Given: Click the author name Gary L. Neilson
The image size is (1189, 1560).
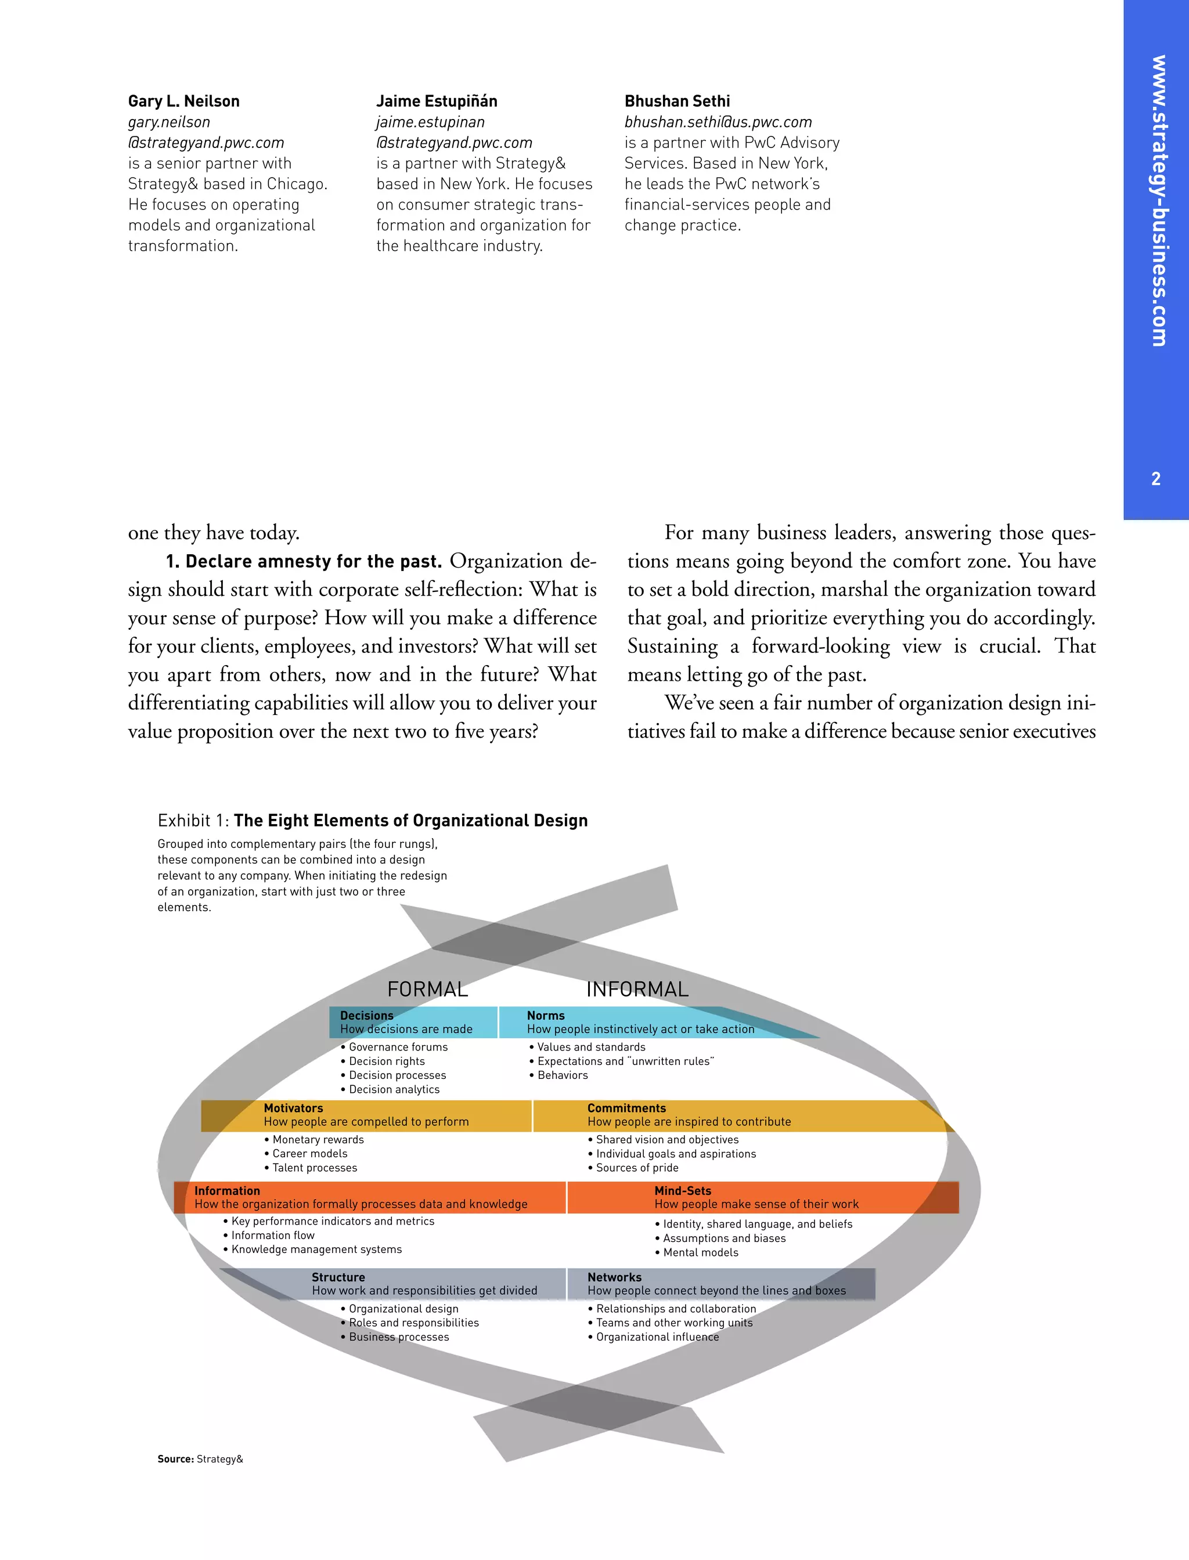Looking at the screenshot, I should [x=183, y=101].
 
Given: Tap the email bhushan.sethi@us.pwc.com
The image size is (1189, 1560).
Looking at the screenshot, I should [x=718, y=122].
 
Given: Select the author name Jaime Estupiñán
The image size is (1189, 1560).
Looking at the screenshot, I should [x=436, y=101].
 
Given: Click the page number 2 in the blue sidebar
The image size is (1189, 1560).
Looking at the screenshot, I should [x=1156, y=479].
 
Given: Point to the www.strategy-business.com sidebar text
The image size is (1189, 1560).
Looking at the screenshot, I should [x=1158, y=201].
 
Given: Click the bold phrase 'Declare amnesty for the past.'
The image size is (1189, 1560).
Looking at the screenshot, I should [x=304, y=562].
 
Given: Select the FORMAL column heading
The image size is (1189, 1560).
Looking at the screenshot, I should [x=427, y=989].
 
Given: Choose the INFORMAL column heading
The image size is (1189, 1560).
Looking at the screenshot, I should [x=637, y=989].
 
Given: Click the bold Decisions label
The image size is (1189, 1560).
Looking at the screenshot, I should [x=366, y=1015].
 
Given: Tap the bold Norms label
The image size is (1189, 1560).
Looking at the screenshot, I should [x=546, y=1015].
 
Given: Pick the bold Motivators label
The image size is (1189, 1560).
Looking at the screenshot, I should [x=293, y=1108].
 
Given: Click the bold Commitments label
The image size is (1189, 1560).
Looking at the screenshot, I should [x=626, y=1108].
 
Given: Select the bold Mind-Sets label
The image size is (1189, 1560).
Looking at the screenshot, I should [x=682, y=1191].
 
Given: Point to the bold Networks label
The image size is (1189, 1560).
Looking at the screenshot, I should [x=614, y=1277].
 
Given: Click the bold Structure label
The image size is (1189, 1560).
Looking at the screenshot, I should [x=338, y=1277].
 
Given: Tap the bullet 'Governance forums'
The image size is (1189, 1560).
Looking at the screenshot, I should [x=398, y=1047].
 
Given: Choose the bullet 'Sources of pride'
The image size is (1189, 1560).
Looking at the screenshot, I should [x=637, y=1168].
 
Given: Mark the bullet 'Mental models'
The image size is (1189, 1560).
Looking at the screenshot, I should [x=700, y=1252].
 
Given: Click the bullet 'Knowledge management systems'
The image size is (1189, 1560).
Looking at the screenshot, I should [x=316, y=1250].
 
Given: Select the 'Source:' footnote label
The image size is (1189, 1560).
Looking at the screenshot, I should [x=175, y=1459].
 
